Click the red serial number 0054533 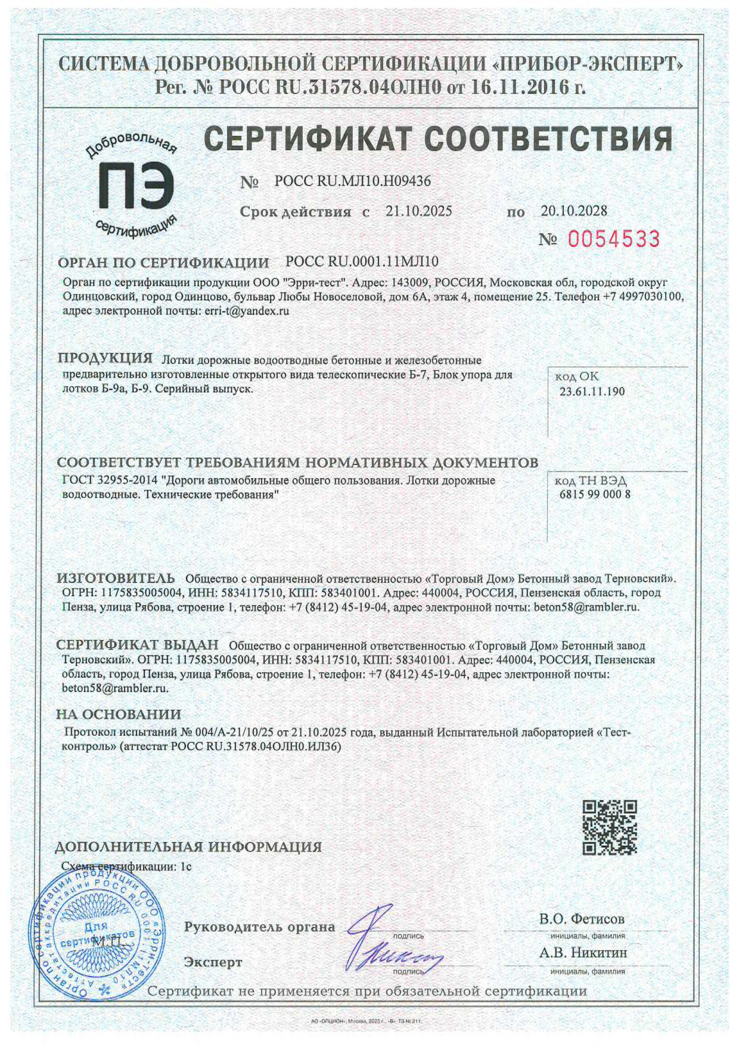[613, 239]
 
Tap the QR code [609, 828]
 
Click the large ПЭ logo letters [136, 186]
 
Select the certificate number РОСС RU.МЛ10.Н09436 [352, 181]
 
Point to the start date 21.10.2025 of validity [418, 211]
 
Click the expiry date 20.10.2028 [574, 210]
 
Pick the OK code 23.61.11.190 [592, 391]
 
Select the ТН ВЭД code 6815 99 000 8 [595, 494]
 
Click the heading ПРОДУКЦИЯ [105, 358]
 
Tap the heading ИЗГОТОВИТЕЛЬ [116, 578]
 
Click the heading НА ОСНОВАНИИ [119, 714]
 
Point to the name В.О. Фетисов [582, 919]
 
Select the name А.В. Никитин [583, 953]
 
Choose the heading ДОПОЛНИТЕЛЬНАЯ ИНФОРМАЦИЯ [188, 847]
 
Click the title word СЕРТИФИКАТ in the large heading [308, 139]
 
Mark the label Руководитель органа [259, 927]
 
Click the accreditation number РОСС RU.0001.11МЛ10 [362, 261]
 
